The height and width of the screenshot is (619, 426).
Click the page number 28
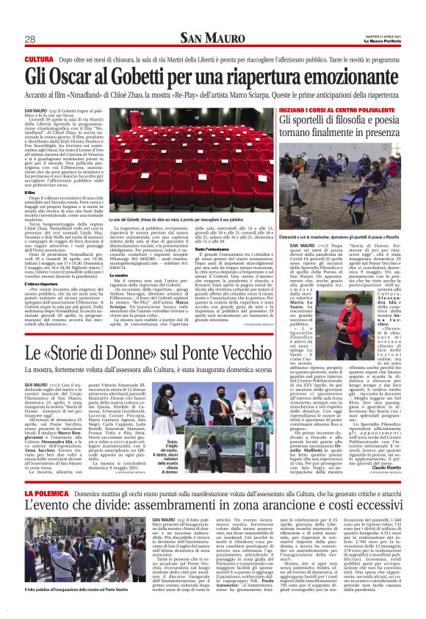pyautogui.click(x=30, y=39)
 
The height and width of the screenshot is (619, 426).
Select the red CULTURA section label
pyautogui.click(x=39, y=58)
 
